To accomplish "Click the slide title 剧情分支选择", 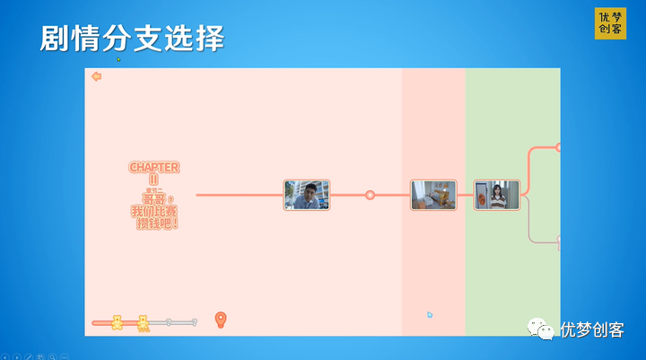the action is [131, 39].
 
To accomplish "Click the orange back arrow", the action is [96, 76].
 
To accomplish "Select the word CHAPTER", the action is [153, 167].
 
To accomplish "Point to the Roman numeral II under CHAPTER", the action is [153, 179].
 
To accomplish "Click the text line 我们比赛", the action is [153, 211].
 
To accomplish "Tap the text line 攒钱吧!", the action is [154, 223].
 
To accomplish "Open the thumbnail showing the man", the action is [307, 195].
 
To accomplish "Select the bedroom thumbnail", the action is [433, 195].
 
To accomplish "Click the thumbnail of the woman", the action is [496, 195].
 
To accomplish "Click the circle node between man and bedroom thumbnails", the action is [370, 195].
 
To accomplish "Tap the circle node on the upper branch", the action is [558, 146].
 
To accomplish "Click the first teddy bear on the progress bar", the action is [117, 322].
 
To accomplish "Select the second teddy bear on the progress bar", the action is [144, 322].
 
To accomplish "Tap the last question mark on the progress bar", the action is [194, 321].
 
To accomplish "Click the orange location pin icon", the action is [221, 319].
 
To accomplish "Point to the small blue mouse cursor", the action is [430, 315].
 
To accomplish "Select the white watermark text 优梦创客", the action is [591, 329].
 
